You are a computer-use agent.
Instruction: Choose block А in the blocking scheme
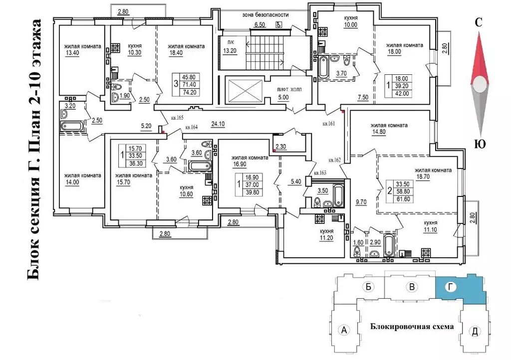[343, 329]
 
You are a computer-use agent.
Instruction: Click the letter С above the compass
[479, 22]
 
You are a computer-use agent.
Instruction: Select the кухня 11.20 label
[327, 234]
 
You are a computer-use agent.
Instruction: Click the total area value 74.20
[190, 92]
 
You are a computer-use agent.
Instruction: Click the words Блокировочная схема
[412, 327]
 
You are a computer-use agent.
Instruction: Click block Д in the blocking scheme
[475, 331]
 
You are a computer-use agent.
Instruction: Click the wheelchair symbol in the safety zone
[279, 24]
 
